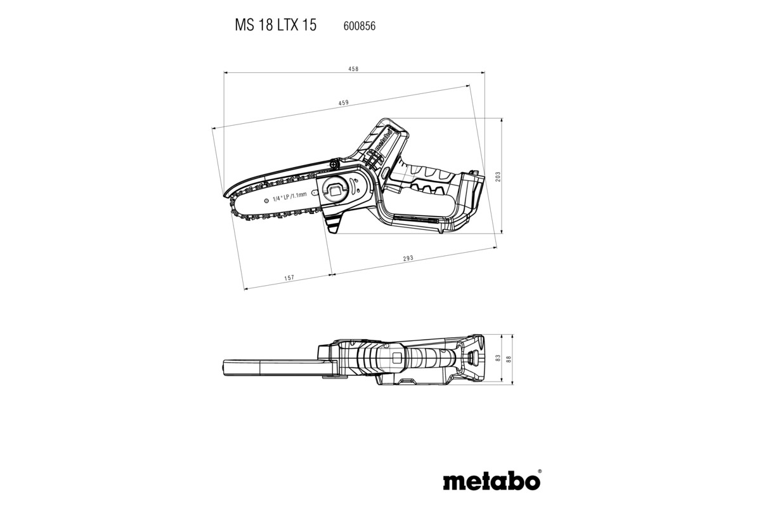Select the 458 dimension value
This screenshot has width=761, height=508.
tap(353, 69)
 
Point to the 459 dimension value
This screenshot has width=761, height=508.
tap(343, 103)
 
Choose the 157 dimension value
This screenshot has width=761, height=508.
tap(289, 278)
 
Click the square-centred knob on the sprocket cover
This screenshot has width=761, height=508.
tap(335, 189)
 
